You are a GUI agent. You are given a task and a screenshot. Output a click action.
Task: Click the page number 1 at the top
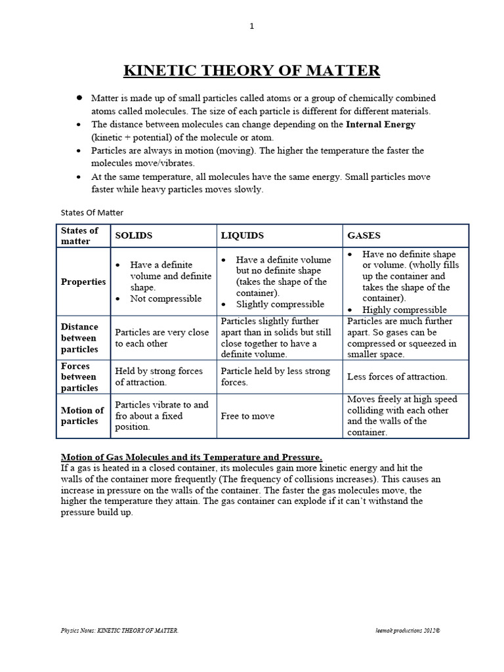pos(252,26)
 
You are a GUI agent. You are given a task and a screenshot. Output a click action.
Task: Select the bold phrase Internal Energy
pos(381,124)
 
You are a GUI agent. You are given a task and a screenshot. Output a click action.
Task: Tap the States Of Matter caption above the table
pos(92,212)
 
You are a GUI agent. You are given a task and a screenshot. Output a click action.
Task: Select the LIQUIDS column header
pos(242,235)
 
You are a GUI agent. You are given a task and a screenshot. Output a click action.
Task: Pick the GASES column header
pos(364,235)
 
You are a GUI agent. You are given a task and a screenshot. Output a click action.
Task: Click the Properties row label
pos(83,282)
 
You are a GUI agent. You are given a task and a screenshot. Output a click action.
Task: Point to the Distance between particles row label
pos(79,337)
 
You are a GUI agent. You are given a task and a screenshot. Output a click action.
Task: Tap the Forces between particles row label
pos(79,377)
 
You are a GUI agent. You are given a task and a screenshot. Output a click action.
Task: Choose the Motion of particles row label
pos(82,415)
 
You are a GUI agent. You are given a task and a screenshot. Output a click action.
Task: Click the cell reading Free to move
pos(247,416)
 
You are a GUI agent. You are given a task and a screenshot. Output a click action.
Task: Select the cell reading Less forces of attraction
pos(397,377)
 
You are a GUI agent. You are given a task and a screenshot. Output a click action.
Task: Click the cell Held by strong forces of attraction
pos(159,376)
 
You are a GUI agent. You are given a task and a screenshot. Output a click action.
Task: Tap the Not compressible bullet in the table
pos(166,299)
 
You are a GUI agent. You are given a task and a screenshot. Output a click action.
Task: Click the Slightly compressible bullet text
pos(280,304)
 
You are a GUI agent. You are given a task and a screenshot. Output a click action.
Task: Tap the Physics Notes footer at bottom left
pos(119,630)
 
